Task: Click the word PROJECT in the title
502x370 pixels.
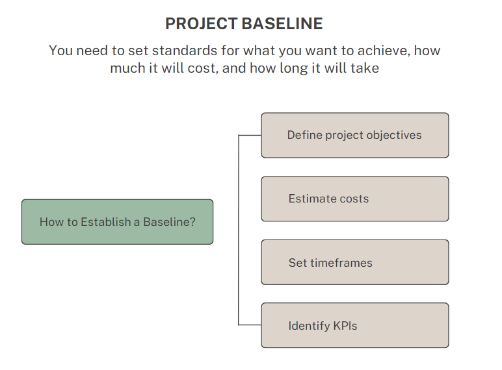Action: click(201, 24)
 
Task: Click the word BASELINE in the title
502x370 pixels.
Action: click(282, 24)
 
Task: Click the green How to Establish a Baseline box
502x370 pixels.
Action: click(117, 221)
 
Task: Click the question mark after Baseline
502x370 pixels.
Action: click(192, 221)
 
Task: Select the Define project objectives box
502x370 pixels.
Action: click(354, 135)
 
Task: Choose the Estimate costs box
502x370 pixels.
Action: click(354, 199)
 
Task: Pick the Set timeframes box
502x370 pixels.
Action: click(354, 262)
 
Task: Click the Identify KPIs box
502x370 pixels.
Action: click(354, 325)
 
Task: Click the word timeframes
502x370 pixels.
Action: click(341, 263)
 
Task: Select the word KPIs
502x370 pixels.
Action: click(345, 326)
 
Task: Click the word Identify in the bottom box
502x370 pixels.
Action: click(310, 326)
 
